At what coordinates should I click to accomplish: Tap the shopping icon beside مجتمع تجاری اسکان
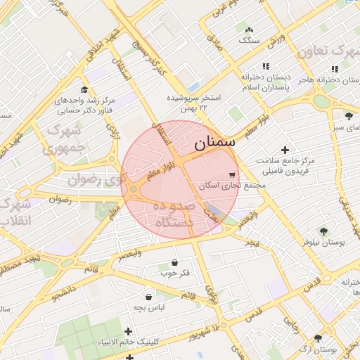233,174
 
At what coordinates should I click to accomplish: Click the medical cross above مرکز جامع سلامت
285,150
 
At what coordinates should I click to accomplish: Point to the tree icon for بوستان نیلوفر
323,231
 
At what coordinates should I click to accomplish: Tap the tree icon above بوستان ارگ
318,338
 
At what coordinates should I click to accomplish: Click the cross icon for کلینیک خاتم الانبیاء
128,331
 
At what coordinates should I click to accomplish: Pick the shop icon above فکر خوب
174,262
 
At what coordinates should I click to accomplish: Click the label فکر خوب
174,273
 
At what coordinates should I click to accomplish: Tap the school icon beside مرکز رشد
84,90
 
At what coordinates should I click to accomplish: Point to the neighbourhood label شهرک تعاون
328,52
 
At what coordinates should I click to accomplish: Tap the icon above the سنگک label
249,30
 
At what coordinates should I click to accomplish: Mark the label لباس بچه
149,309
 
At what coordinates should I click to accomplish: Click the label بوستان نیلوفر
324,242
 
